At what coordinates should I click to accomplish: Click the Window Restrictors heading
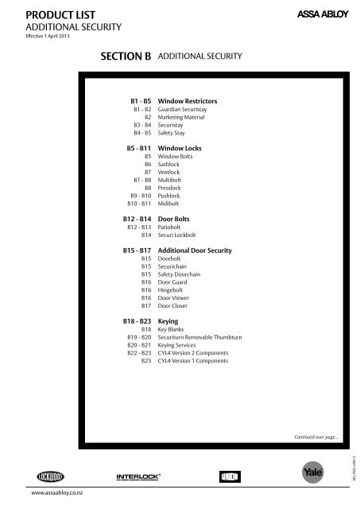coord(188,103)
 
